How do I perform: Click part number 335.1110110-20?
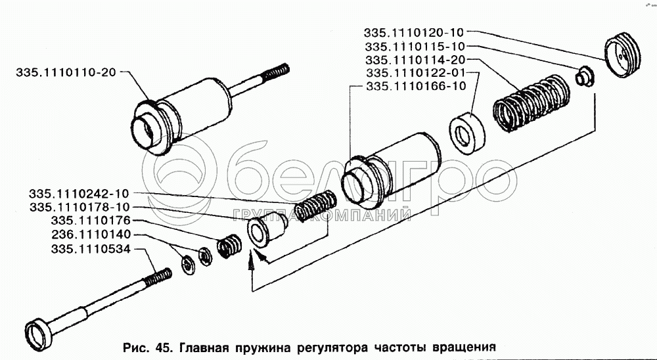point(66,72)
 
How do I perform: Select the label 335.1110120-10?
point(414,33)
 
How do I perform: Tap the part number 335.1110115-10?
point(415,46)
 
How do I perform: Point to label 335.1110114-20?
point(415,60)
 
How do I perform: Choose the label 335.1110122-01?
point(416,73)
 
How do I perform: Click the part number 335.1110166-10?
point(416,86)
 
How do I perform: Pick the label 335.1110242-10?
point(79,194)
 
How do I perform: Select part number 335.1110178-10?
point(79,207)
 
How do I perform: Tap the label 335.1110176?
point(91,221)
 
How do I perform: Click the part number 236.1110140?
point(91,234)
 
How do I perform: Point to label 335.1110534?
point(91,249)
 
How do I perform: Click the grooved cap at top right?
point(623,55)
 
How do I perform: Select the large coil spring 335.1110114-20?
point(532,104)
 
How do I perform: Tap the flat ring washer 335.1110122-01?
point(466,133)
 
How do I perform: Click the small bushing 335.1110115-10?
point(585,77)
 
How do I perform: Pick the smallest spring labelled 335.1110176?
point(229,246)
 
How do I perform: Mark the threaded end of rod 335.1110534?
point(158,277)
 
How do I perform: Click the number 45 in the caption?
point(163,347)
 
